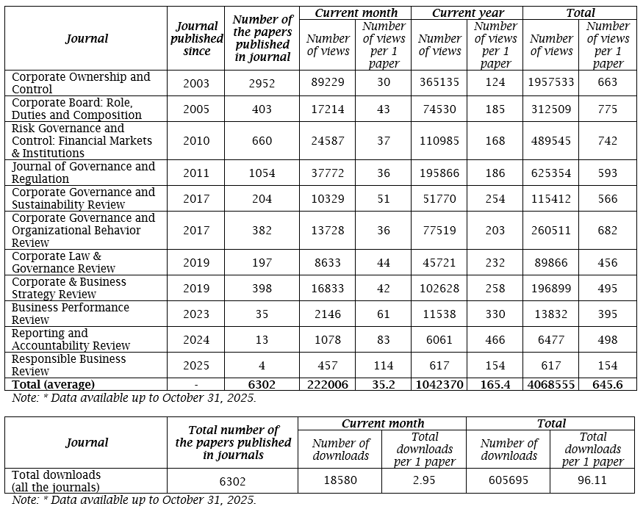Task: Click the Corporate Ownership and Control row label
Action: (81, 83)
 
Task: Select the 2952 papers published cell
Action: (262, 83)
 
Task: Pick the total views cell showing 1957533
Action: (550, 83)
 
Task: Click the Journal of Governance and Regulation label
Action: (84, 173)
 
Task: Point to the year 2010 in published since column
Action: (196, 141)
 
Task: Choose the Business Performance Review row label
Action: (71, 314)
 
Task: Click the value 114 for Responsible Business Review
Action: (384, 366)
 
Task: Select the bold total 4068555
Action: (550, 385)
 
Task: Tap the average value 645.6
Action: (607, 385)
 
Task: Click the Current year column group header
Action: (467, 13)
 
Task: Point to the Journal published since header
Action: (196, 38)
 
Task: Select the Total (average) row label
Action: (54, 385)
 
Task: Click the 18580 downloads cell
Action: (340, 481)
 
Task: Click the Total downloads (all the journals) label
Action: (57, 481)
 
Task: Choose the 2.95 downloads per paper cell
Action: (423, 481)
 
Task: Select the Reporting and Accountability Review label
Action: (71, 339)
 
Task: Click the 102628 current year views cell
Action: (439, 289)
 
